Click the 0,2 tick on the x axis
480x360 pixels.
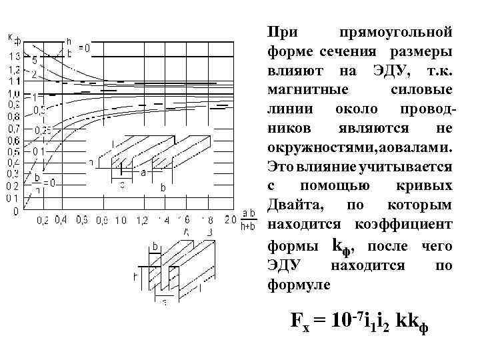tap(42, 219)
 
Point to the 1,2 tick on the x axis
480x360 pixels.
tap(142, 219)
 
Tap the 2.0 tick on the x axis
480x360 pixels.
tap(230, 219)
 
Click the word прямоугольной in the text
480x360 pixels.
tap(396, 32)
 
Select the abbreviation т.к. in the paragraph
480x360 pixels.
tap(437, 70)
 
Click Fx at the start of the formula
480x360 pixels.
tap(301, 321)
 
